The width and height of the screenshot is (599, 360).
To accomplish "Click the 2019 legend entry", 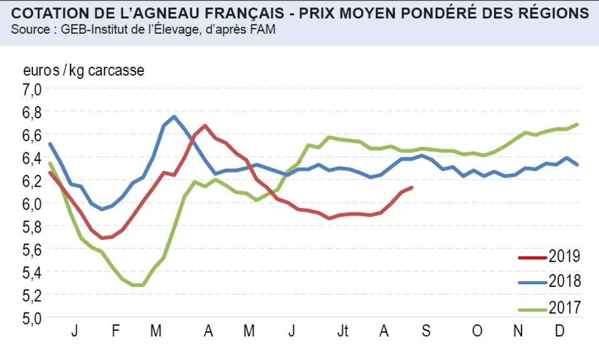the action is pos(549,256).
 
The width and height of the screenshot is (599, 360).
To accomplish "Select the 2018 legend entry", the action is pos(549,281).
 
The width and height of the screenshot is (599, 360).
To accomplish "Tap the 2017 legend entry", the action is pos(549,307).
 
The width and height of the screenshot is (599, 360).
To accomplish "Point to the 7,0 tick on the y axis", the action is pos(32,90).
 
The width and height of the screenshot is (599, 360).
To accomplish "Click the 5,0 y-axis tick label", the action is pos(32,318).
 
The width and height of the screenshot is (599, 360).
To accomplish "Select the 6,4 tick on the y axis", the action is pos(32,158).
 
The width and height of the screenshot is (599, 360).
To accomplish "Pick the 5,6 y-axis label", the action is pos(32,250).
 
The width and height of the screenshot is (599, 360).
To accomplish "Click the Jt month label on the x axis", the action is pos(343,331).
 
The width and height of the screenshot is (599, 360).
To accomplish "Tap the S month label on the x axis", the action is pos(426,331).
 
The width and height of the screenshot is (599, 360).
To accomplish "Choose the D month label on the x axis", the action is pos(559,331).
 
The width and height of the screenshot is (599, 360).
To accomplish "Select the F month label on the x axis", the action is pos(116,331).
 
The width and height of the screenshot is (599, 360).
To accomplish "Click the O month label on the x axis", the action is pos(477,331).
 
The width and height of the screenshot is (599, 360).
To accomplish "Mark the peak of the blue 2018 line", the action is pos(174,116).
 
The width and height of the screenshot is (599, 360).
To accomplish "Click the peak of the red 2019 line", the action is pos(205,125).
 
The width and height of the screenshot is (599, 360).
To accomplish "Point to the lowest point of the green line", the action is pos(138,285).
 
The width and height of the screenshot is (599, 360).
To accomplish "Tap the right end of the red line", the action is pos(412,187).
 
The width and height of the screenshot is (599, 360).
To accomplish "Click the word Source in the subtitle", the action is pos(31,29).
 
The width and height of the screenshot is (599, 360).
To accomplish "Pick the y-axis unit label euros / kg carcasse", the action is pos(84,71).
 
